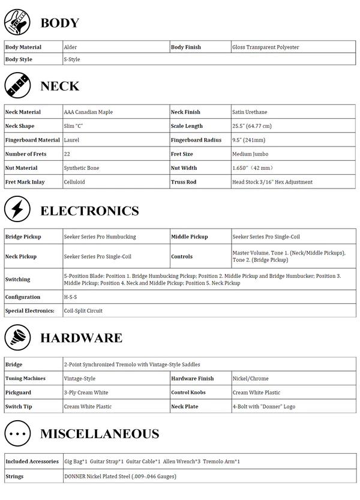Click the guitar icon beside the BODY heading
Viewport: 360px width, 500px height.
[x=17, y=23]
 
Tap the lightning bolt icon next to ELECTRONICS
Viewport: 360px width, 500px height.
[x=17, y=209]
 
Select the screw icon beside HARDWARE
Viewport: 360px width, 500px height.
[x=17, y=337]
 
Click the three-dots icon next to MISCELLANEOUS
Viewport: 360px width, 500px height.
[x=17, y=433]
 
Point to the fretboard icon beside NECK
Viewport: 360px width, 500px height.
[x=17, y=85]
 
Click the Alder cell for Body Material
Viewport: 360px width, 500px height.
[x=71, y=47]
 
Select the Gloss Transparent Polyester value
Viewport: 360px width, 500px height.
[x=265, y=47]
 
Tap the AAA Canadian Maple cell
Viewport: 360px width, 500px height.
[x=88, y=112]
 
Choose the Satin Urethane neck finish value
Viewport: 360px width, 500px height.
[x=250, y=112]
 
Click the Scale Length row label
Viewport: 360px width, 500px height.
[x=187, y=126]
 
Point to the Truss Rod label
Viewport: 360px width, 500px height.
[x=184, y=182]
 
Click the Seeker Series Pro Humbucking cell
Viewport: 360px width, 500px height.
[x=100, y=236]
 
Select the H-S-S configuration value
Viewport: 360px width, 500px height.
[x=71, y=297]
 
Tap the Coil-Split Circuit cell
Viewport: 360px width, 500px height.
[x=83, y=311]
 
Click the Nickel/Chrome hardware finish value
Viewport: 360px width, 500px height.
[x=251, y=379]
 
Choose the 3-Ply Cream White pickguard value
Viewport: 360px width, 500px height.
[x=86, y=393]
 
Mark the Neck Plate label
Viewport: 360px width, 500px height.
[x=185, y=406]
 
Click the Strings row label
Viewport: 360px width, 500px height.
[x=15, y=476]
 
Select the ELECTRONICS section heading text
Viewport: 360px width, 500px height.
[x=89, y=211]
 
